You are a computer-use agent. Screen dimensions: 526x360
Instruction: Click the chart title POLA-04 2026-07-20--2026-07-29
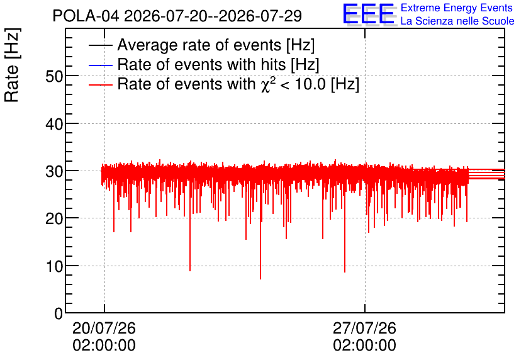coord(177,16)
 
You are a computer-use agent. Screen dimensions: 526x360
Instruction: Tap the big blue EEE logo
coord(369,14)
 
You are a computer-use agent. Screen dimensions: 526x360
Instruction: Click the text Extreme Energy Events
coord(457,8)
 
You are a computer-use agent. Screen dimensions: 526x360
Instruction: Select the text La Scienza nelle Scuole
coord(457,21)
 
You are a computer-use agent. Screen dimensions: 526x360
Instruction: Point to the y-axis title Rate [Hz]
coord(12,65)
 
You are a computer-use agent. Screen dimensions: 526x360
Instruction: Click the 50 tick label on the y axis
coord(54,77)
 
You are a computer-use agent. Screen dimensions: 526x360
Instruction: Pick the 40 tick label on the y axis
coord(54,124)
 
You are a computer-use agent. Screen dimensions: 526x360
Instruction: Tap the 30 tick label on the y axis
coord(54,171)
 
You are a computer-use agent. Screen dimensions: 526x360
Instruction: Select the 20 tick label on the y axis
coord(54,219)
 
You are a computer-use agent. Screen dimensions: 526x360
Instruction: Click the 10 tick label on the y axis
coord(54,266)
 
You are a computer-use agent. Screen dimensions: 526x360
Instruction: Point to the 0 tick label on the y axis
coord(59,313)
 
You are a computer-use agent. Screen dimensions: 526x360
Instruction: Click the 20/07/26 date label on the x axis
coord(104,328)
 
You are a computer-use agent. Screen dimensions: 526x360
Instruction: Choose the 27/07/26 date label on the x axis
coord(365,328)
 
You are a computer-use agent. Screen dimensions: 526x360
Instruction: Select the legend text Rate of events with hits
coord(218,64)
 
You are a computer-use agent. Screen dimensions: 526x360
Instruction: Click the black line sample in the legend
coord(100,45)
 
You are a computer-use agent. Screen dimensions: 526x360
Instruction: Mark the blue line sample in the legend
coord(100,65)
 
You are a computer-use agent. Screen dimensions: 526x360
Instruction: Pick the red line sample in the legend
coord(100,85)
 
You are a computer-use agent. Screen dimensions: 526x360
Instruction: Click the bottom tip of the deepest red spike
coord(260,279)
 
